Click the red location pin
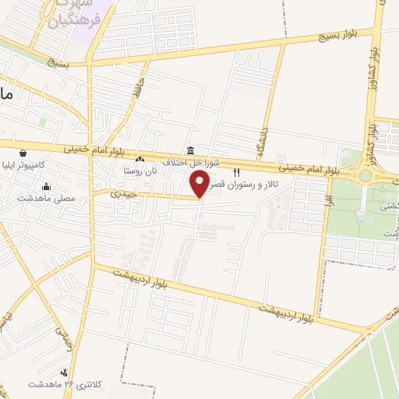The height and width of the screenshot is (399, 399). [x=199, y=183]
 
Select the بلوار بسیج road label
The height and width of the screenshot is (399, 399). [x=339, y=37]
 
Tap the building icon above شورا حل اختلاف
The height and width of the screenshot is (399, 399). [x=190, y=150]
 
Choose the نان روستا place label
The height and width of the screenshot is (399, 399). [x=140, y=169]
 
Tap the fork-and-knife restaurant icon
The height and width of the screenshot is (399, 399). [x=236, y=172]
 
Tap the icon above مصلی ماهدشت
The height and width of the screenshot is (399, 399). [x=48, y=186]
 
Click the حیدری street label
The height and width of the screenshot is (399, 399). [x=123, y=192]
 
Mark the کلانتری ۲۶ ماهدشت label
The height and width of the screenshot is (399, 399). [x=62, y=384]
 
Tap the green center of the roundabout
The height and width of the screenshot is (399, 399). [x=365, y=175]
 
